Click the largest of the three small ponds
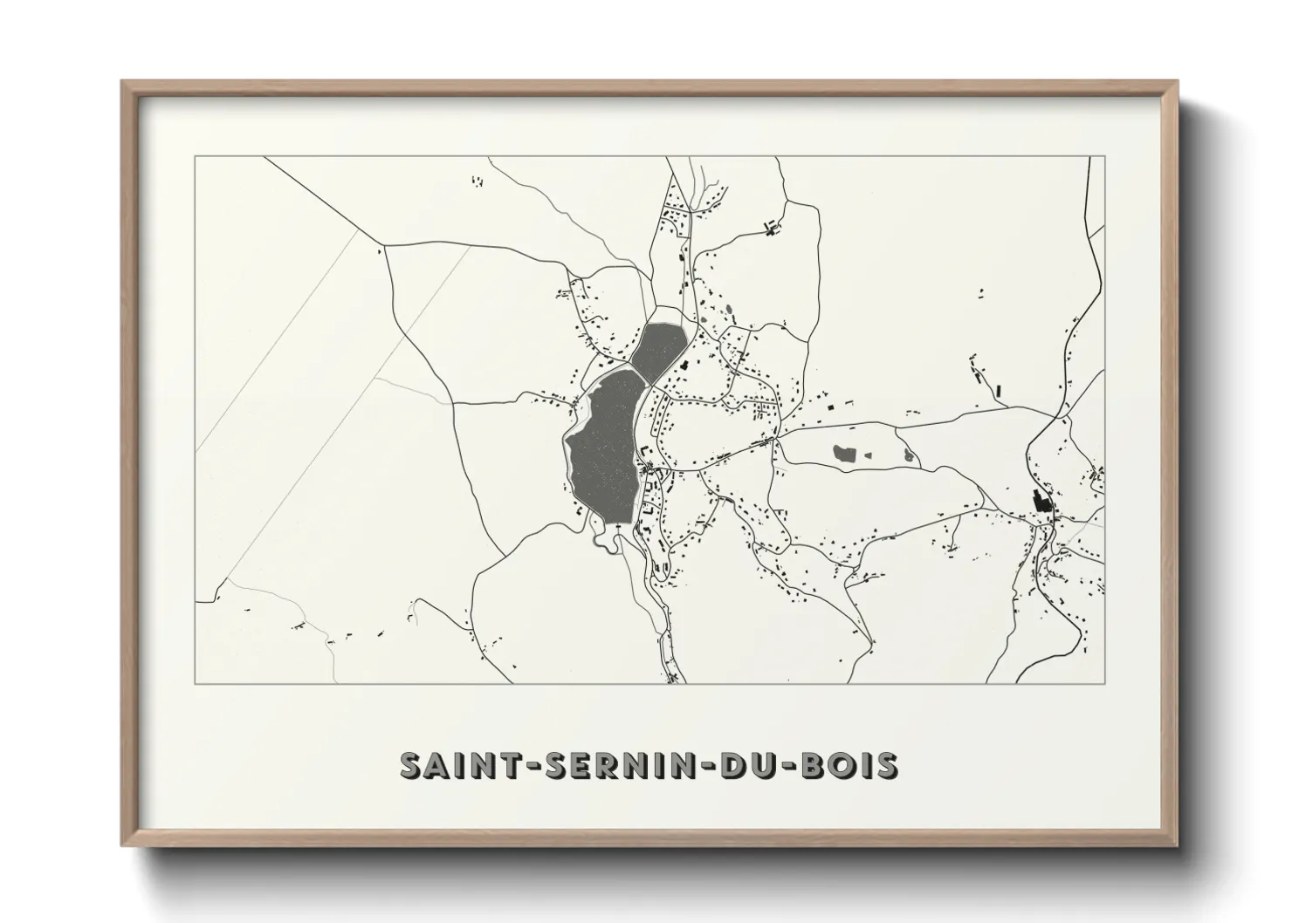point(844,453)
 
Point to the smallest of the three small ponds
point(868,454)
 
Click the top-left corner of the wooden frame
point(123,82)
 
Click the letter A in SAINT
point(434,764)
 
